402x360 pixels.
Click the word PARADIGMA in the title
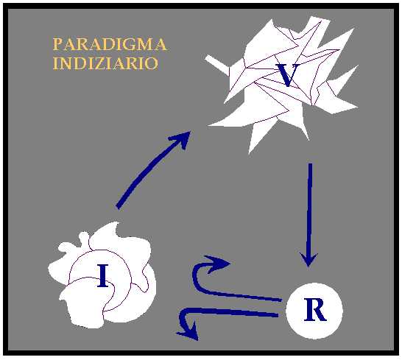pyautogui.click(x=110, y=44)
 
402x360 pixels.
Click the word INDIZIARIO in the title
pyautogui.click(x=105, y=63)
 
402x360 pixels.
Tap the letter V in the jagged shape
pyautogui.click(x=288, y=75)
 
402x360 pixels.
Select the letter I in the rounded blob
pyautogui.click(x=103, y=275)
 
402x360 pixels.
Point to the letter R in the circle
pyautogui.click(x=315, y=310)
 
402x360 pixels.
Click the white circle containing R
pyautogui.click(x=314, y=311)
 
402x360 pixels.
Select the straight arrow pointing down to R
pyautogui.click(x=310, y=216)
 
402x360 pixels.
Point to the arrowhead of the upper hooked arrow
pyautogui.click(x=218, y=264)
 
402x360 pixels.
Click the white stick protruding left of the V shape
pyautogui.click(x=216, y=65)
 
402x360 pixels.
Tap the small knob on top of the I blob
pyautogui.click(x=84, y=238)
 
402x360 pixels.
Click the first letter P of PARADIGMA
pyautogui.click(x=57, y=44)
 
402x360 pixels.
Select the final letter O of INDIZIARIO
pyautogui.click(x=151, y=63)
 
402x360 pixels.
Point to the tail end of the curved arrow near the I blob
pyautogui.click(x=119, y=207)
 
